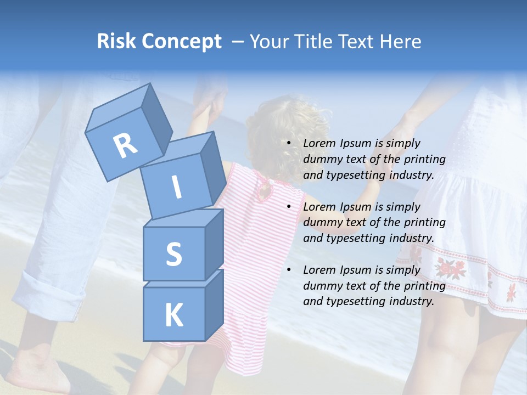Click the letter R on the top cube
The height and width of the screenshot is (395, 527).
[125, 145]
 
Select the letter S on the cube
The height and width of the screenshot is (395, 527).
[173, 255]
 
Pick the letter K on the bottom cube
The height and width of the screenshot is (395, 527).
[173, 316]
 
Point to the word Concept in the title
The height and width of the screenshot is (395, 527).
[181, 42]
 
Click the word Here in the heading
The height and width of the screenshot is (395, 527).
[400, 42]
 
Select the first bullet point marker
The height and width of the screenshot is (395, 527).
[289, 144]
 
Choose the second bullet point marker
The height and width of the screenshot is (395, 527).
[289, 207]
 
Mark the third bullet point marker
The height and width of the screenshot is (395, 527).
[289, 270]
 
